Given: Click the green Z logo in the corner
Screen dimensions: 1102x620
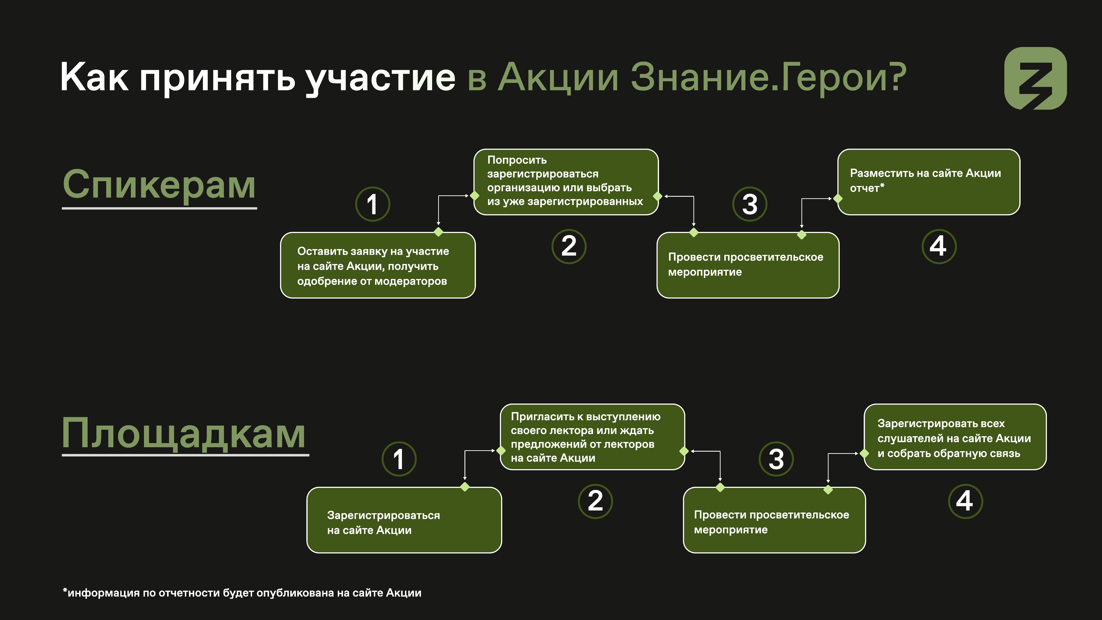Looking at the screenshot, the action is coord(1035,78).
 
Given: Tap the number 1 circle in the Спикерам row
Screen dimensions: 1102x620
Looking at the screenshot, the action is coord(373,204).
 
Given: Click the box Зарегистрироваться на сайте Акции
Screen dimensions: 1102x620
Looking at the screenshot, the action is coord(404,520).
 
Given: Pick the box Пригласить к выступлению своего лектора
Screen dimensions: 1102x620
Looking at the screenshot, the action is coord(592,437).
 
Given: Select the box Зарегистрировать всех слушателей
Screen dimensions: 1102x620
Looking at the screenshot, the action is coord(955,437).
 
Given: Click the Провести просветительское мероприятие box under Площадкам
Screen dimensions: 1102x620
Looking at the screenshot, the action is coord(774,520).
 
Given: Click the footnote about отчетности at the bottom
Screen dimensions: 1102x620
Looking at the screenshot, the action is coord(242,593).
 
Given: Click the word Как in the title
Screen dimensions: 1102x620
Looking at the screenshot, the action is coord(94,77).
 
